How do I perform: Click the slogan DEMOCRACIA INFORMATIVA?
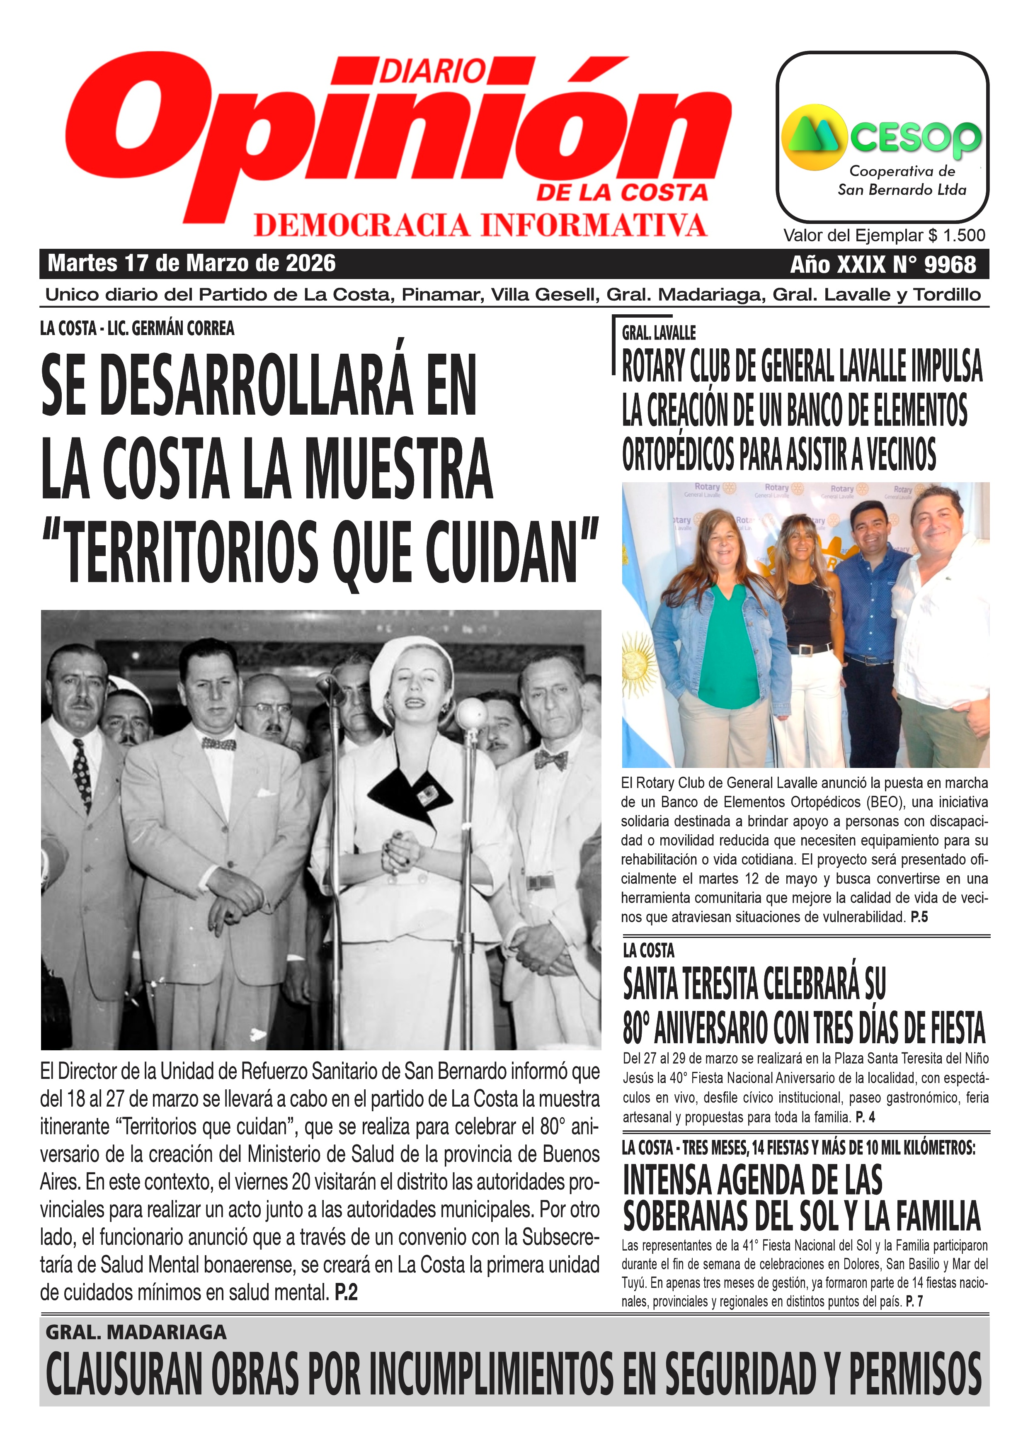(480, 225)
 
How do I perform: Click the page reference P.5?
(919, 917)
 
